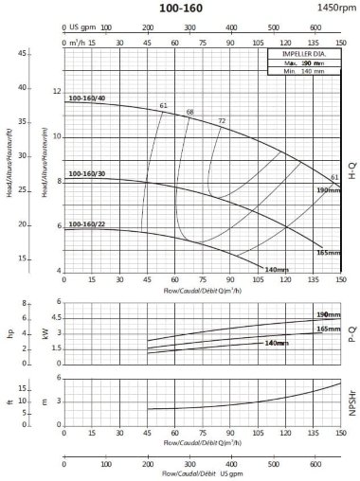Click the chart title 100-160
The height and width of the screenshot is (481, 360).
(189, 8)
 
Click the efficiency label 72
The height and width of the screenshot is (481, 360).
(222, 121)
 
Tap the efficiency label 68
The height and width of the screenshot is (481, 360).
(189, 113)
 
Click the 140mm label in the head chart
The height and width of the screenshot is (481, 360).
(276, 271)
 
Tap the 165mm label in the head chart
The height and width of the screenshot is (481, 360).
(327, 252)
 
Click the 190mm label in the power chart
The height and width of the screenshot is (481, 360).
(327, 313)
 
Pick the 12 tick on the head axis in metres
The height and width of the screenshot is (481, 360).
(56, 92)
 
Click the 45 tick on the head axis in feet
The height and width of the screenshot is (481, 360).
(22, 53)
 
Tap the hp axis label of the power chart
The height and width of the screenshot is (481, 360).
(11, 333)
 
